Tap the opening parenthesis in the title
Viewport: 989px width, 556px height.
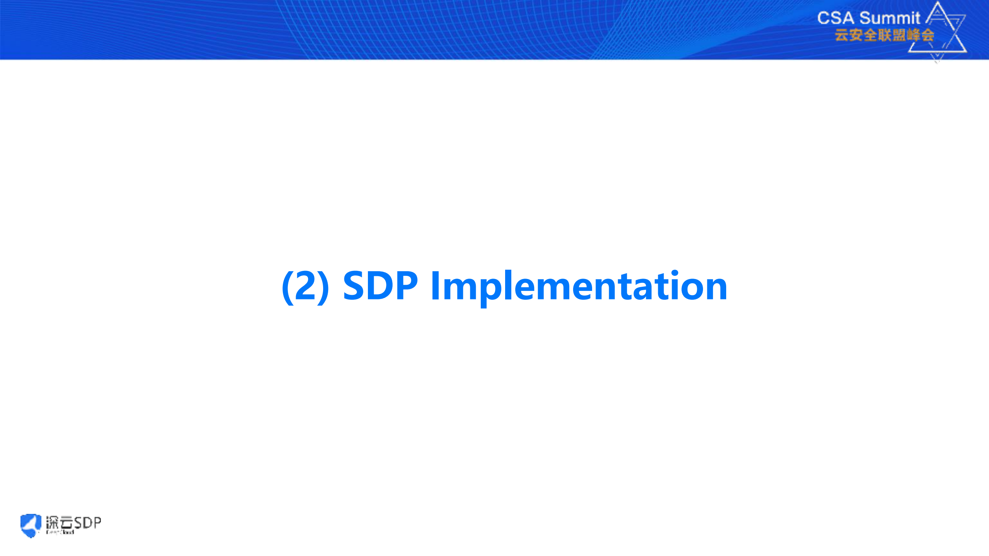point(287,287)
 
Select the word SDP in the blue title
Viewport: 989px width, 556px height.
point(380,286)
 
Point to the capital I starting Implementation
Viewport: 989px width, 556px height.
point(435,286)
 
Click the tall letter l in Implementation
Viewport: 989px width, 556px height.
point(509,284)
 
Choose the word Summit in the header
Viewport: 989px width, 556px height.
point(889,18)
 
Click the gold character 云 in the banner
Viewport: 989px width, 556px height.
point(841,35)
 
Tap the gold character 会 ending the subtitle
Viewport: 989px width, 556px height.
point(927,35)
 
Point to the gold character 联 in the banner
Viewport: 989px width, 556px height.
point(884,35)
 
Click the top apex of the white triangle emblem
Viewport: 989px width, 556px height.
point(938,3)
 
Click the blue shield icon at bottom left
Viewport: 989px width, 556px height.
point(31,525)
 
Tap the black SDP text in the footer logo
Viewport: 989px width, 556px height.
point(87,523)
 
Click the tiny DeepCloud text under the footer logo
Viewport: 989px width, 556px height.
point(60,532)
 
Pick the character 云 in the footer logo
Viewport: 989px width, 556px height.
point(66,523)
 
